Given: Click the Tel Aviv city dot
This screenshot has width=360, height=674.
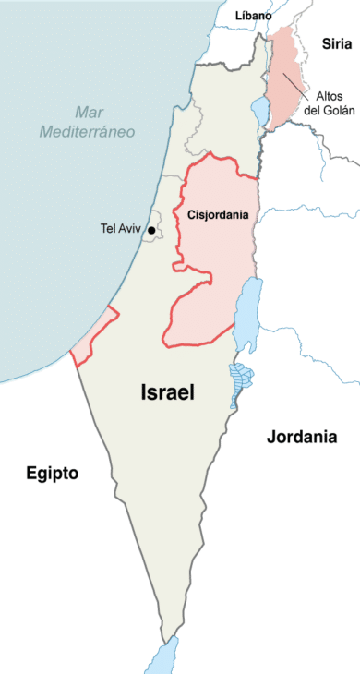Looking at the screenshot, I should (x=151, y=229).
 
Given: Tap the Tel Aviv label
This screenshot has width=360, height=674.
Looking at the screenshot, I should (x=121, y=229).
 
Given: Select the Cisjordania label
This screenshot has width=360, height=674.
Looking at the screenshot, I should (x=217, y=214).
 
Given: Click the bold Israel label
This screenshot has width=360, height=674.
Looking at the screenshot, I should (x=167, y=391).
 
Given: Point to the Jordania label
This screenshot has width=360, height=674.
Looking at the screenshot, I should (x=302, y=437).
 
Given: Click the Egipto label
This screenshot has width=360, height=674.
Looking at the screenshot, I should (x=52, y=474).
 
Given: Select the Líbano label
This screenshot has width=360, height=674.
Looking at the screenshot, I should (x=253, y=16).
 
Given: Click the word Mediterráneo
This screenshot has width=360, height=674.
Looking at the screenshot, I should (x=87, y=132).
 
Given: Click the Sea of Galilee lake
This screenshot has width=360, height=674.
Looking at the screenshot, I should (x=259, y=110).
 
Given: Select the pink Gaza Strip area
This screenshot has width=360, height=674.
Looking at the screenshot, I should (x=96, y=333).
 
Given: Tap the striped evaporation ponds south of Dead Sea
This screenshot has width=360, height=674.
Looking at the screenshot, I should (x=241, y=378).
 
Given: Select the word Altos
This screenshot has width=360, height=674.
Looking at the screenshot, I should (x=330, y=95).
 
